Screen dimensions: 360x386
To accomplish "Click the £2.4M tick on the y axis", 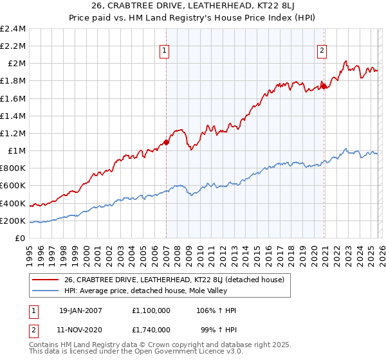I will (x=13, y=29).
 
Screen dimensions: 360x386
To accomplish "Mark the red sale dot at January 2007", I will (x=166, y=142).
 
